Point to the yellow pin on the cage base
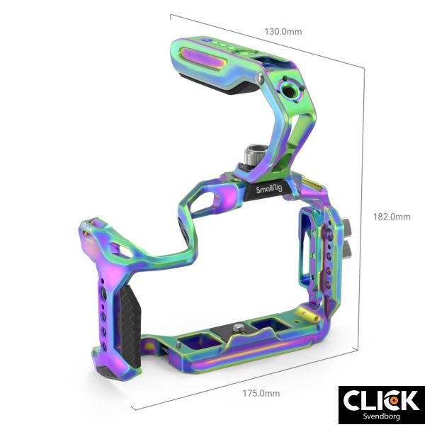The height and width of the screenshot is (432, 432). click(x=306, y=312)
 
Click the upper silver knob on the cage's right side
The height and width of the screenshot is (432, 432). click(x=350, y=226)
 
